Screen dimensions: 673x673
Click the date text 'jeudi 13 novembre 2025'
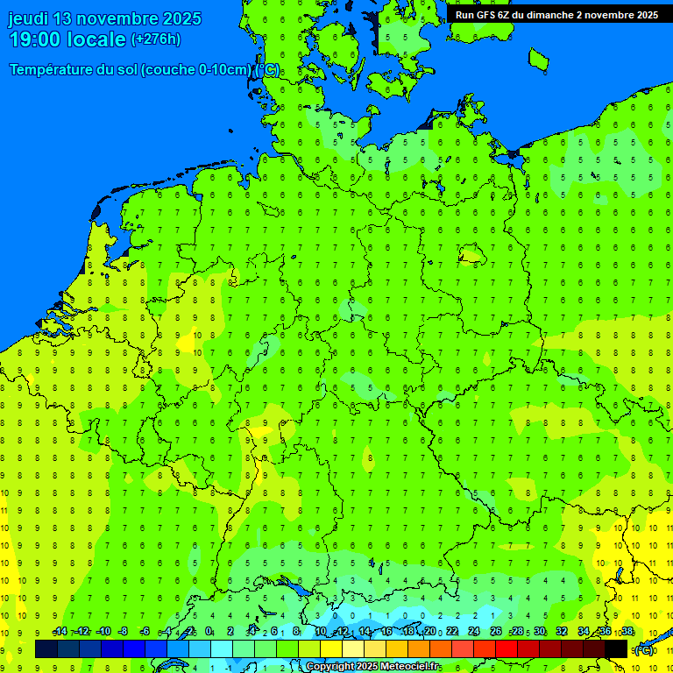click(104, 18)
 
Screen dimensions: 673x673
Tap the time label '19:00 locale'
click(67, 39)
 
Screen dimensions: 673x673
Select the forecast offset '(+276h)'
click(156, 39)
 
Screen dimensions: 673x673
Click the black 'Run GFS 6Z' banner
click(556, 14)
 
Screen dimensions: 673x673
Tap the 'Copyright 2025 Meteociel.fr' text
click(373, 667)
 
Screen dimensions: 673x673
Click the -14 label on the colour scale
click(59, 632)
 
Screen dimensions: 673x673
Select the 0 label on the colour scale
click(209, 632)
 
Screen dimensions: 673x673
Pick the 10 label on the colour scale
click(321, 632)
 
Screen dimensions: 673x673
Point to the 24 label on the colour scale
click(474, 632)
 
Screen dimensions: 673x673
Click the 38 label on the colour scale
click(627, 632)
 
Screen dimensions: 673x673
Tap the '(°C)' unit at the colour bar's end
click(644, 649)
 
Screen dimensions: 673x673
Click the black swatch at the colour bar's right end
click(616, 649)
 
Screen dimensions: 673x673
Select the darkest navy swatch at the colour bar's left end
click(46, 649)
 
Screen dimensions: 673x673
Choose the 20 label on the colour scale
click(430, 632)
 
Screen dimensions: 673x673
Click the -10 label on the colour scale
click(103, 632)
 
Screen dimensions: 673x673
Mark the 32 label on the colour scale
click(562, 632)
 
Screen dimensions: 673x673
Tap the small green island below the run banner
click(538, 59)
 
